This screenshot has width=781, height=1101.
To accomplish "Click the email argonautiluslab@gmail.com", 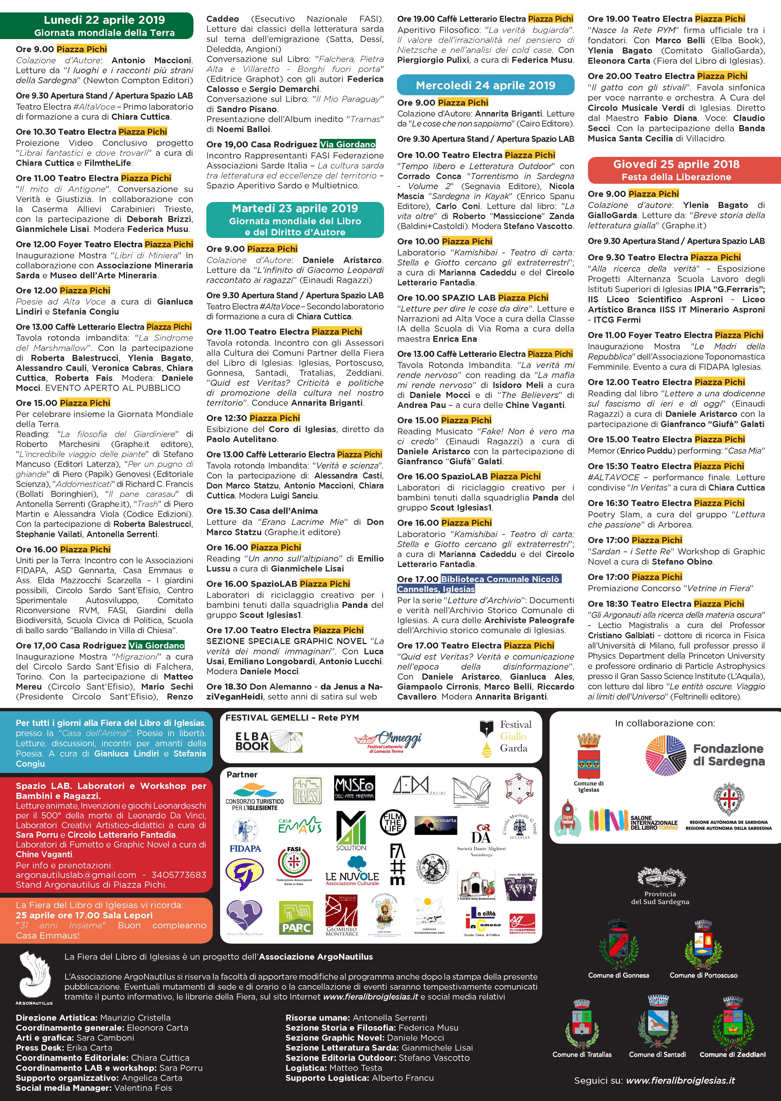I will (x=76, y=875).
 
